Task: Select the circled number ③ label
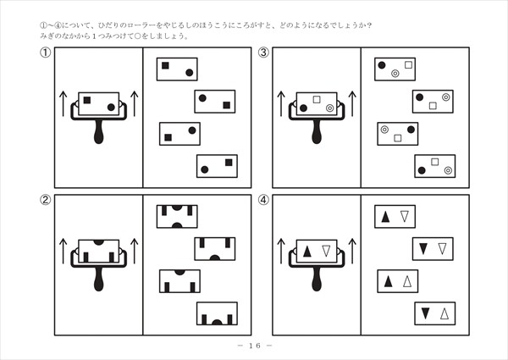click(x=263, y=53)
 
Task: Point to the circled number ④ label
click(x=263, y=201)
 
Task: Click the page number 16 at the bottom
click(x=254, y=346)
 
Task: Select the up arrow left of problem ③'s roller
click(x=281, y=104)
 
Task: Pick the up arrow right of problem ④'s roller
click(x=352, y=251)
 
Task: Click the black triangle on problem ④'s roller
click(x=307, y=251)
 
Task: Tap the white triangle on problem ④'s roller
click(x=326, y=251)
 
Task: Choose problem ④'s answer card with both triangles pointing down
click(x=433, y=249)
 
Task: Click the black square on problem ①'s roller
click(x=88, y=101)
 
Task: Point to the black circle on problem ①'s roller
click(x=112, y=108)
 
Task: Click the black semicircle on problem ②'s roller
click(x=99, y=242)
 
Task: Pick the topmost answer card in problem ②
click(x=177, y=216)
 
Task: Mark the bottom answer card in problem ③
click(x=435, y=166)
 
